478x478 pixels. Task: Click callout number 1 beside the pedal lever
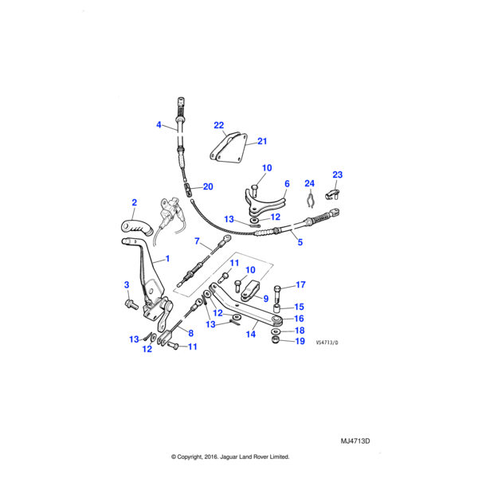[x=167, y=260]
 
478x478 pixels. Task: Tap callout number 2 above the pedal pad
[x=135, y=203]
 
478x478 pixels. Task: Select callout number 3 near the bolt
[x=125, y=285]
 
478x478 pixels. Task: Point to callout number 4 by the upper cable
[x=159, y=125]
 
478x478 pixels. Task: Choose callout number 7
[x=197, y=230]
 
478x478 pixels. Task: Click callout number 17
[x=300, y=285]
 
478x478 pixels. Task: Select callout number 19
[x=300, y=341]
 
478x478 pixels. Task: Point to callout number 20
[x=208, y=187]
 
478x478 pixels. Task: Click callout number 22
[x=219, y=125]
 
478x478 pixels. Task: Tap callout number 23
[x=337, y=174]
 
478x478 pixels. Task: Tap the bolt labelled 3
[x=131, y=304]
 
